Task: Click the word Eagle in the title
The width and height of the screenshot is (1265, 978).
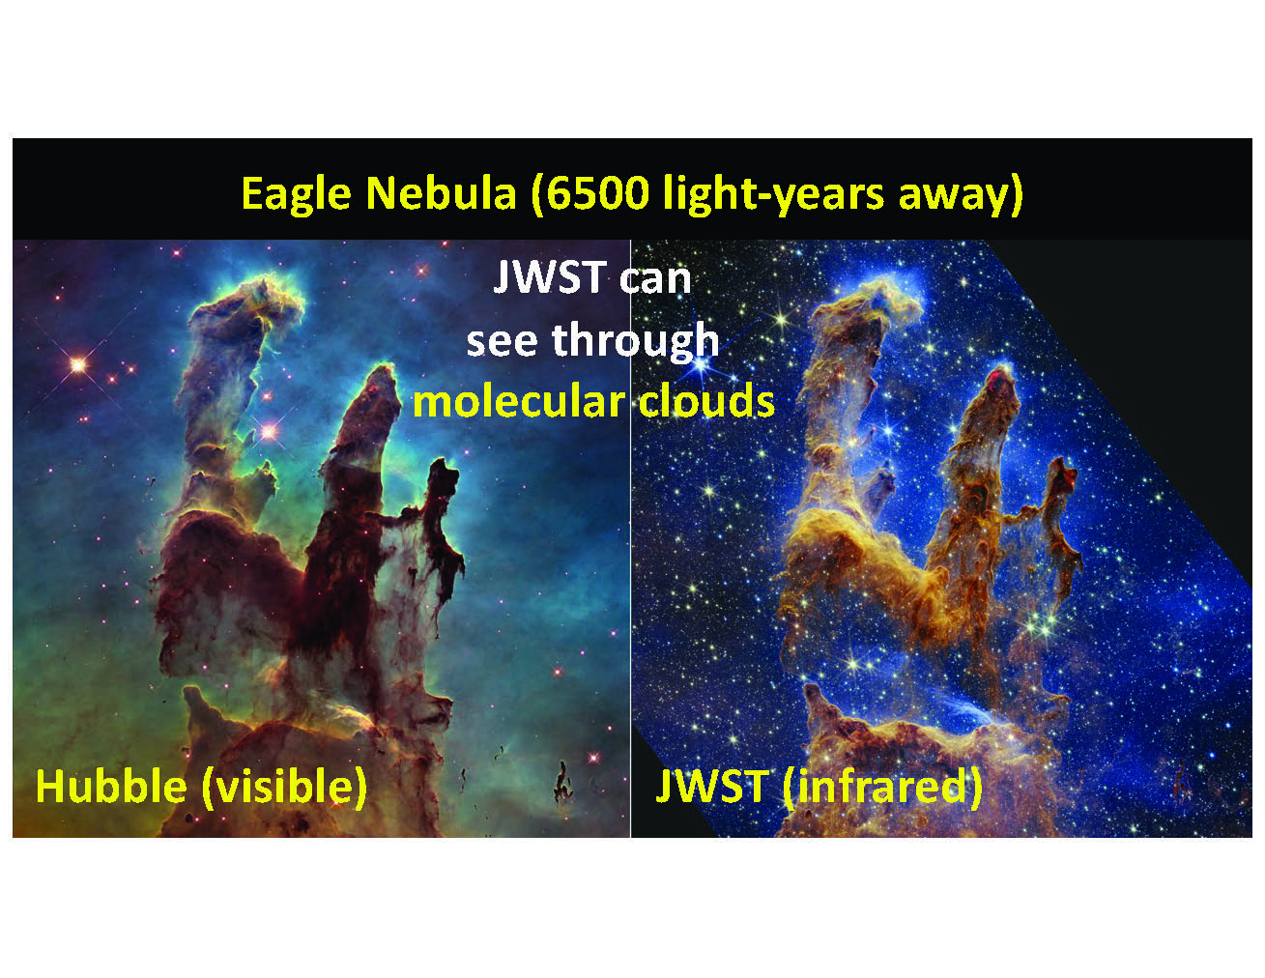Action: pos(297,194)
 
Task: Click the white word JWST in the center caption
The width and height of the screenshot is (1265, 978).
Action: pos(550,277)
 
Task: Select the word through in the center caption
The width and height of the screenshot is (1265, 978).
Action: pos(636,340)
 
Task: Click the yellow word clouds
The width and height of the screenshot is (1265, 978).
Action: pos(706,402)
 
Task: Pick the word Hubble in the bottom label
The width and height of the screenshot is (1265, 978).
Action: pos(111,787)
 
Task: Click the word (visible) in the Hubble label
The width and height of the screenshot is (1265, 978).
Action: pos(284,788)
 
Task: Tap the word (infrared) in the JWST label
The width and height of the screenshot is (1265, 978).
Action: pos(882,788)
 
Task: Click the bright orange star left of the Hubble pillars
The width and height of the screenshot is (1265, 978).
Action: pos(78,365)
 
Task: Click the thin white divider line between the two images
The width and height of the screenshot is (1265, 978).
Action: pos(630,538)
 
